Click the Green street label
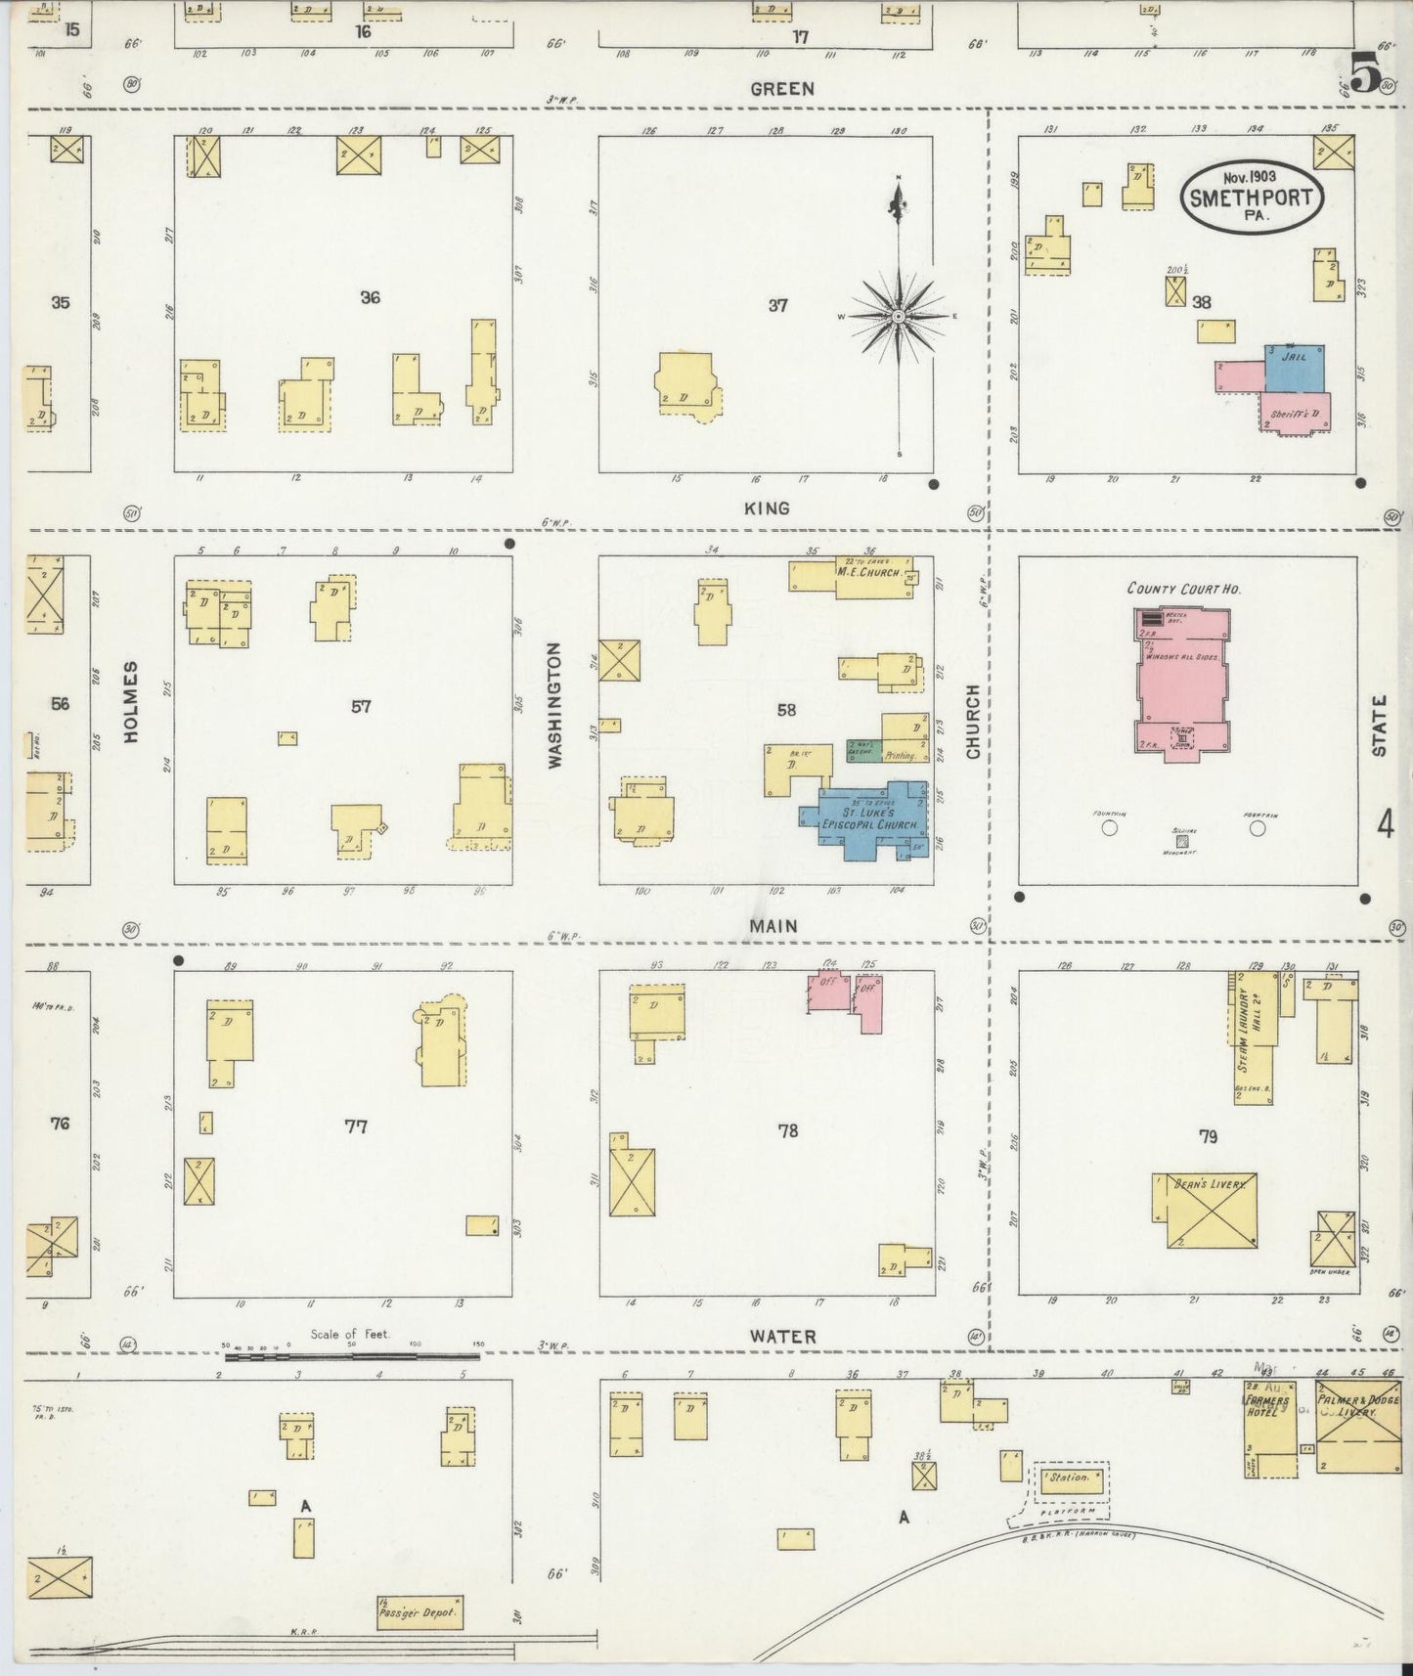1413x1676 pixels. [781, 89]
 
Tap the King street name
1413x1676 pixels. [768, 508]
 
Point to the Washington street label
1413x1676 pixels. [554, 704]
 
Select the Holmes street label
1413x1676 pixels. [131, 701]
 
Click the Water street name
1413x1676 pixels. [782, 1336]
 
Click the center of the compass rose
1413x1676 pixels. [898, 317]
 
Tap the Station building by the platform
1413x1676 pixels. [1071, 1478]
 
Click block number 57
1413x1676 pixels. [361, 706]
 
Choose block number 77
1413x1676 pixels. [356, 1126]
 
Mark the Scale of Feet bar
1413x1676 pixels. [352, 1356]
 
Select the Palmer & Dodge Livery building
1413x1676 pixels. [1357, 1426]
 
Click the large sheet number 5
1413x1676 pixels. [1365, 71]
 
